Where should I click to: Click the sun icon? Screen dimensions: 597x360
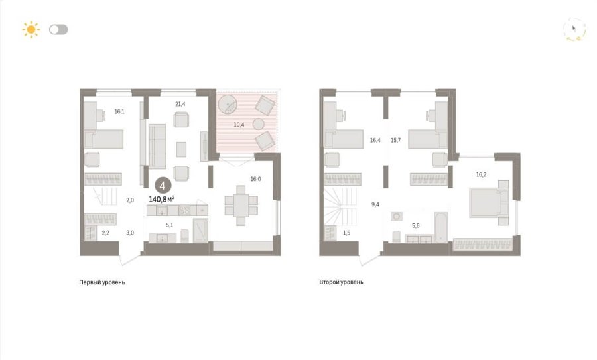[x=31, y=30]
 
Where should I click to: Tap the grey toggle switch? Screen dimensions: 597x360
[x=58, y=30]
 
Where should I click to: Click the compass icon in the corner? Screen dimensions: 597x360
[x=574, y=29]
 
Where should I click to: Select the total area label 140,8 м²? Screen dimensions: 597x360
[x=161, y=199]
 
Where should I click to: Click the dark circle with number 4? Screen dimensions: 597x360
[x=163, y=186]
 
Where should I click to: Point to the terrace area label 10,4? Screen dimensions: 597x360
[x=239, y=125]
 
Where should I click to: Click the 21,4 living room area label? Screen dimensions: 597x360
[x=180, y=104]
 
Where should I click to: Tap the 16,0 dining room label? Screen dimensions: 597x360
[x=255, y=179]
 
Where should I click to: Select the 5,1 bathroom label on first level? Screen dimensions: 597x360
[x=169, y=225]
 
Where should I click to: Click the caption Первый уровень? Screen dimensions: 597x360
[x=102, y=282]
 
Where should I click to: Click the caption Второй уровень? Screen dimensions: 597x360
[x=341, y=282]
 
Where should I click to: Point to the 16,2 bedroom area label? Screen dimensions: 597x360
[x=481, y=174]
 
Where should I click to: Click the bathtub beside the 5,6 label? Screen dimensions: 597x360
[x=441, y=227]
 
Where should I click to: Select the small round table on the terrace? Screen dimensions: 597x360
[x=259, y=124]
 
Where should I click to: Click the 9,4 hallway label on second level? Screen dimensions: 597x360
[x=375, y=204]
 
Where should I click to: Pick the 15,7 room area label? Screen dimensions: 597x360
[x=395, y=140]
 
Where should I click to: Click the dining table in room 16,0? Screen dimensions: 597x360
[x=241, y=206]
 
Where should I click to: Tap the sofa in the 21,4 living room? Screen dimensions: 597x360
[x=157, y=146]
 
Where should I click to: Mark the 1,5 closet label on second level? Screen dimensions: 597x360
[x=346, y=233]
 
